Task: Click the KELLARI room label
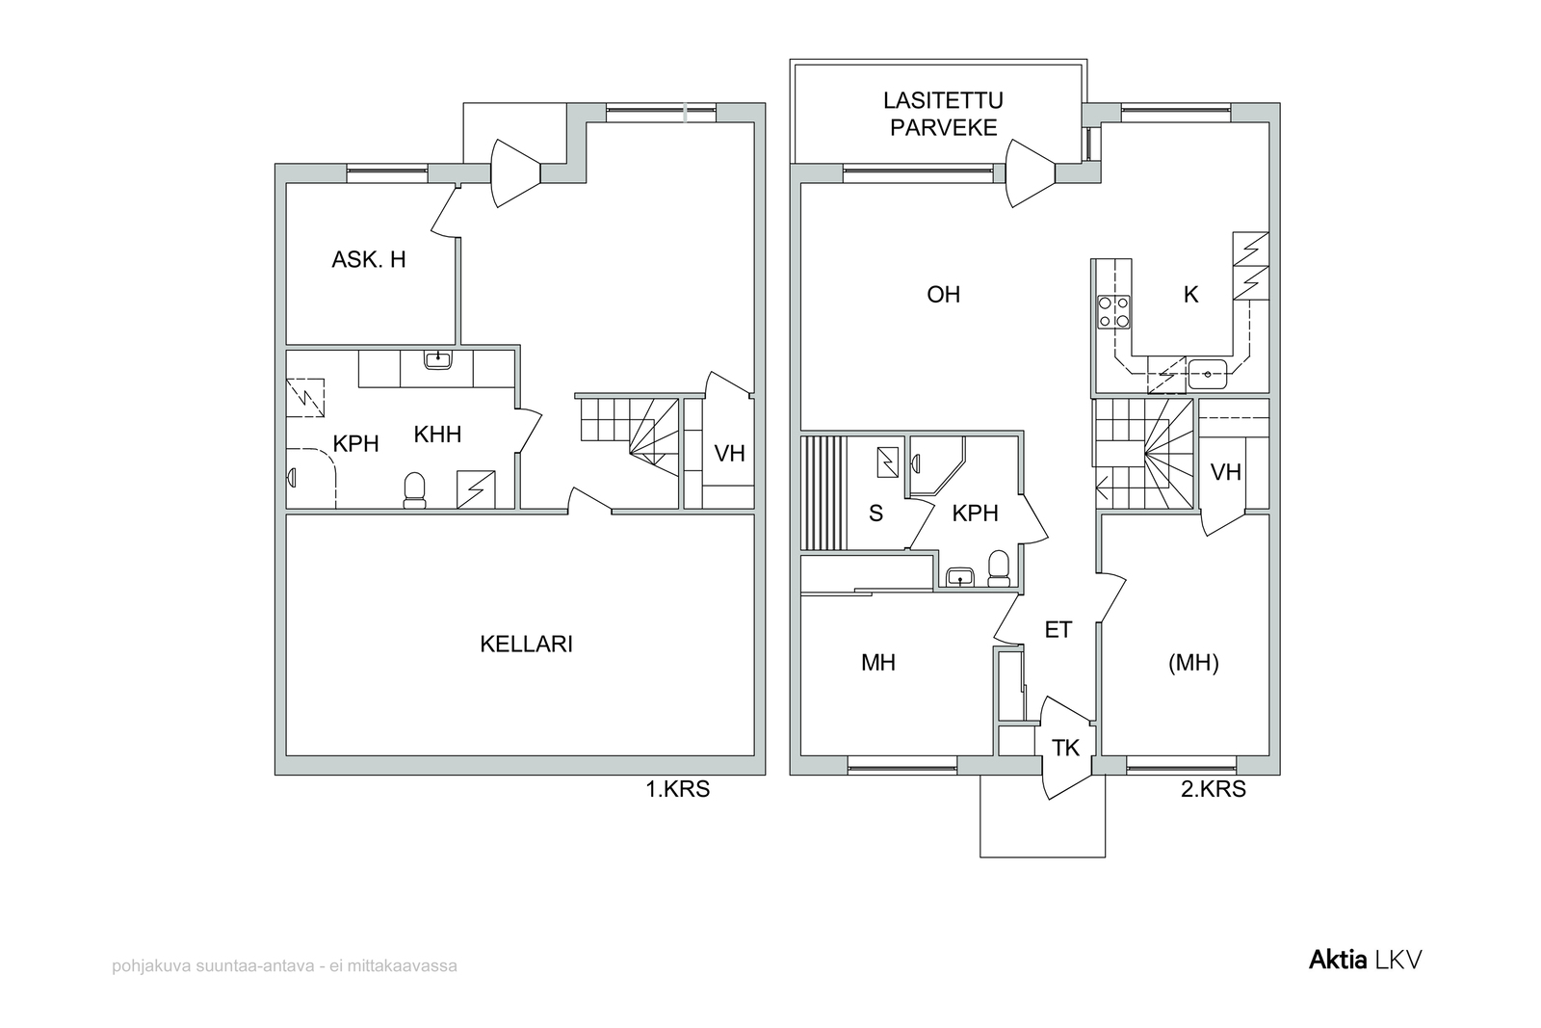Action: pos(526,644)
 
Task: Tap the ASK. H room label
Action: pos(369,259)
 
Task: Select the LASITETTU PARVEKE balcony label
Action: pos(943,115)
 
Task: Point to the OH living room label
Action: pos(943,295)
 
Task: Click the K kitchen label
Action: pos(1190,295)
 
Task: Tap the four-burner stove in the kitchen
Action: pos(1113,312)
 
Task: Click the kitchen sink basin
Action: pos(1208,375)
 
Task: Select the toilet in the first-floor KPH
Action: pos(414,490)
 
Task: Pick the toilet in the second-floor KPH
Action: pos(998,569)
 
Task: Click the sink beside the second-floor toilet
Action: pos(959,577)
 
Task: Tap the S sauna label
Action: pos(875,514)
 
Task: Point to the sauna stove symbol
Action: pos(887,462)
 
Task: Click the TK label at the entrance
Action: pos(1065,748)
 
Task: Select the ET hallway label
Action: pos(1058,629)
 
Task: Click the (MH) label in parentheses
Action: pos(1193,663)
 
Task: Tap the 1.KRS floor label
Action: pos(677,789)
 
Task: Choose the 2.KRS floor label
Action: pos(1214,789)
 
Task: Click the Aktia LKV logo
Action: pos(1365,960)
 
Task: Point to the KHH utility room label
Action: pos(437,435)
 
